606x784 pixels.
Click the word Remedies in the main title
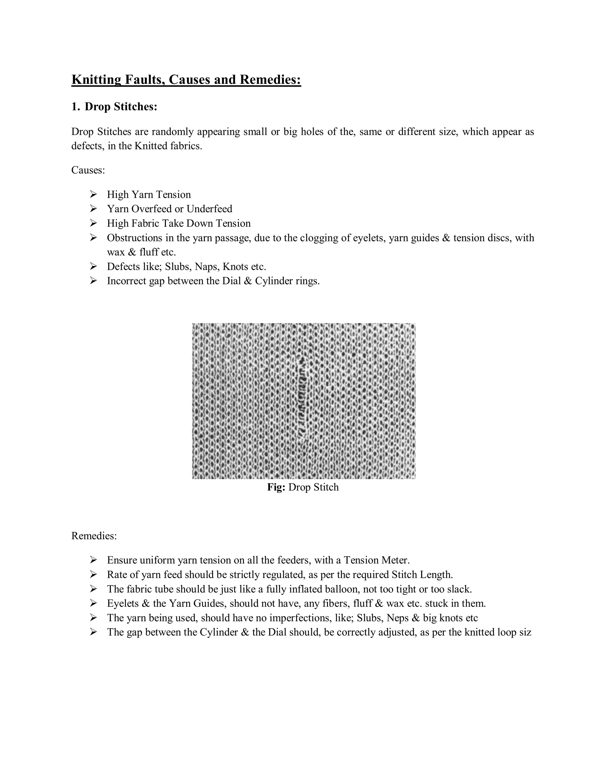coord(270,79)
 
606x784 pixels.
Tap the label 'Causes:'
coord(88,170)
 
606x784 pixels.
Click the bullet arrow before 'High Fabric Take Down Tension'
coord(93,223)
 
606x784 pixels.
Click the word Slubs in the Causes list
coord(178,267)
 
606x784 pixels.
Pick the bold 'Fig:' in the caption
coord(276,487)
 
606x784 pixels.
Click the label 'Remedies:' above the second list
coord(94,536)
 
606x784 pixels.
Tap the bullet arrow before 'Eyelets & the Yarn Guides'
coord(93,604)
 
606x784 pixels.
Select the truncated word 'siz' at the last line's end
coord(525,632)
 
